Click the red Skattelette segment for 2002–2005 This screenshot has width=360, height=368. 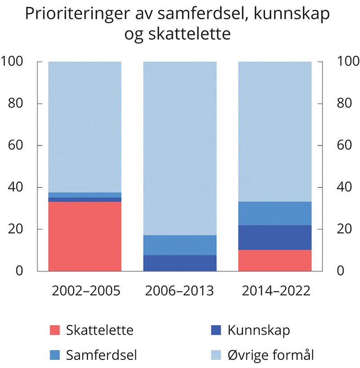pos(85,236)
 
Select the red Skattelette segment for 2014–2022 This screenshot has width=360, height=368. pos(274,260)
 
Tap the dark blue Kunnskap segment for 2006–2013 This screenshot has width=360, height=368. pos(180,263)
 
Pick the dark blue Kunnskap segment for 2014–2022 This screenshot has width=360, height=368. pos(274,237)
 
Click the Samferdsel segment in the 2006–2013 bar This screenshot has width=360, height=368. pos(180,245)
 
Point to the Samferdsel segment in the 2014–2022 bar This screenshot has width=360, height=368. pos(274,213)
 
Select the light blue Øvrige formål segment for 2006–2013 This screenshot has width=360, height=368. pos(180,148)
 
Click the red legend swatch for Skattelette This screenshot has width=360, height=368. pos(54,330)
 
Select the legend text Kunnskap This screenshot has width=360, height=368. pos(259,330)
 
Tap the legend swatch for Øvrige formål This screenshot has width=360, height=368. pos(216,355)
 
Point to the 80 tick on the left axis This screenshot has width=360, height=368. pos(17,104)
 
